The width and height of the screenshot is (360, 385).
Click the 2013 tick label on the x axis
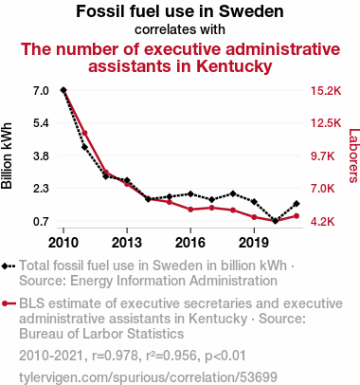pos(127,243)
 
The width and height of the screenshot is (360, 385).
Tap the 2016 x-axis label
pos(190,243)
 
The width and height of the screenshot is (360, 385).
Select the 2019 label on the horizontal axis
pos(254,243)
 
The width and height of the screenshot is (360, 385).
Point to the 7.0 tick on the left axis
pos(41,91)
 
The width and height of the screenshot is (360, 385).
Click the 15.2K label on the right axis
pos(326,91)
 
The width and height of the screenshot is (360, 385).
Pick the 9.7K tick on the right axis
pos(322,156)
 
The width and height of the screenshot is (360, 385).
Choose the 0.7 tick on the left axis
pos(41,221)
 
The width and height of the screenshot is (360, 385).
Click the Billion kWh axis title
pos(7,156)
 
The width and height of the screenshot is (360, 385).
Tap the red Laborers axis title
pos(354,156)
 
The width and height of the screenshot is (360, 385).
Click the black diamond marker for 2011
pos(84,147)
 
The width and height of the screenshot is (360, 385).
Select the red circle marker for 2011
pos(84,133)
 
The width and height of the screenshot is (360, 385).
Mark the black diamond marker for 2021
pos(297,204)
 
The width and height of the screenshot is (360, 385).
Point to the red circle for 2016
pos(190,210)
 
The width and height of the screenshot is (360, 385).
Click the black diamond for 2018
pos(233,193)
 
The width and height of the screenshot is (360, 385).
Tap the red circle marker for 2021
pos(297,216)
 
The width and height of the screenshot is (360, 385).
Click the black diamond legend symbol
pos(9,266)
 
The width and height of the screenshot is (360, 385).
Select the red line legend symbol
pos(9,303)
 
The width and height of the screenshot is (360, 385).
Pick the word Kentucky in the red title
pos(234,66)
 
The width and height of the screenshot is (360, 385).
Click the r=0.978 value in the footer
pos(116,356)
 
